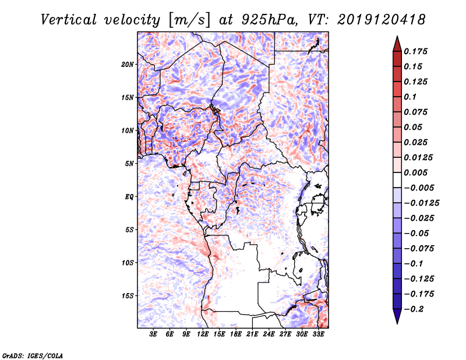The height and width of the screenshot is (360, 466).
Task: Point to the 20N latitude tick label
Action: coord(128,64)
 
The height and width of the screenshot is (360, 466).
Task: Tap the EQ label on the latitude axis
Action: coord(129,197)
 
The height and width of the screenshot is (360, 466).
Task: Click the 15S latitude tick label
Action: coord(128,296)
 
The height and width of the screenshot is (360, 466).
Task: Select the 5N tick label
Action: coord(129,164)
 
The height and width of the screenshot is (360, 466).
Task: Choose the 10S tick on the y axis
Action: coord(128,263)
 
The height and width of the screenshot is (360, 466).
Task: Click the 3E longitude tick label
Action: coord(153,334)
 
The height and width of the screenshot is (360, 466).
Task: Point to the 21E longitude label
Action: coord(252,334)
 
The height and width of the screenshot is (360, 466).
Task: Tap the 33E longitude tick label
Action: coord(319,334)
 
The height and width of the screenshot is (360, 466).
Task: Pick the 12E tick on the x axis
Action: coord(203,334)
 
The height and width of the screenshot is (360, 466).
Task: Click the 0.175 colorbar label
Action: coord(417,51)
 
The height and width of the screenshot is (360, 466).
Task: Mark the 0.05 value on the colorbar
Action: coord(414,127)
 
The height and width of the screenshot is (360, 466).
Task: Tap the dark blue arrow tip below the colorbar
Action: coord(397,318)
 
